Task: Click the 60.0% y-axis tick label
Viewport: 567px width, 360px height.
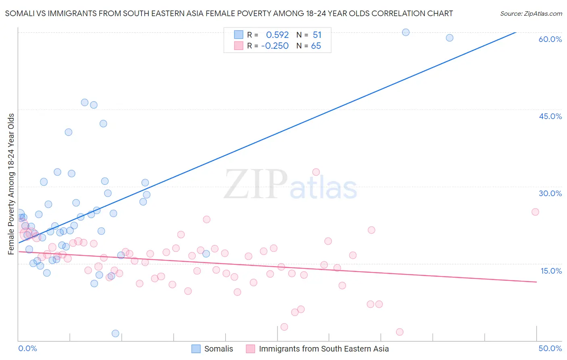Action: point(550,39)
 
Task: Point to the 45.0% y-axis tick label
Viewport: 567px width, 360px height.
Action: point(550,116)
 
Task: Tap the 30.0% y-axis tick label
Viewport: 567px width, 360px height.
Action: point(550,193)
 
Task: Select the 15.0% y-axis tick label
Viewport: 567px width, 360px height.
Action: point(551,271)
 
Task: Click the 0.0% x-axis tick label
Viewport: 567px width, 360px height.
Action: point(27,348)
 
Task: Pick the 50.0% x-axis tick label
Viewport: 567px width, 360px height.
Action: point(550,348)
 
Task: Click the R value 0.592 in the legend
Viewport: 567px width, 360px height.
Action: point(277,35)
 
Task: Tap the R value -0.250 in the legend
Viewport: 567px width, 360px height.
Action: point(275,46)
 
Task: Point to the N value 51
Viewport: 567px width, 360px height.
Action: point(317,35)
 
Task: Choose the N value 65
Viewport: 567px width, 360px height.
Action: point(316,46)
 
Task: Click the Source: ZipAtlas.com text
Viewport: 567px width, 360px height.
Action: point(531,13)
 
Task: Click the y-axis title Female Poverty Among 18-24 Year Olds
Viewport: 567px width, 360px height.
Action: point(11,184)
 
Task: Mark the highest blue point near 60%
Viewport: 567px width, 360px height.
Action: point(406,32)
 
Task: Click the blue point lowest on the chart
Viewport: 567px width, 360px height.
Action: point(115,333)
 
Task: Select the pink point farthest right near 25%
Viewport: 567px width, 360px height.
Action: point(535,212)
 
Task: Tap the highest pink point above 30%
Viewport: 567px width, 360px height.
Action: point(316,172)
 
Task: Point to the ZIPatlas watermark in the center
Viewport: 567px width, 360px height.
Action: point(290,185)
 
